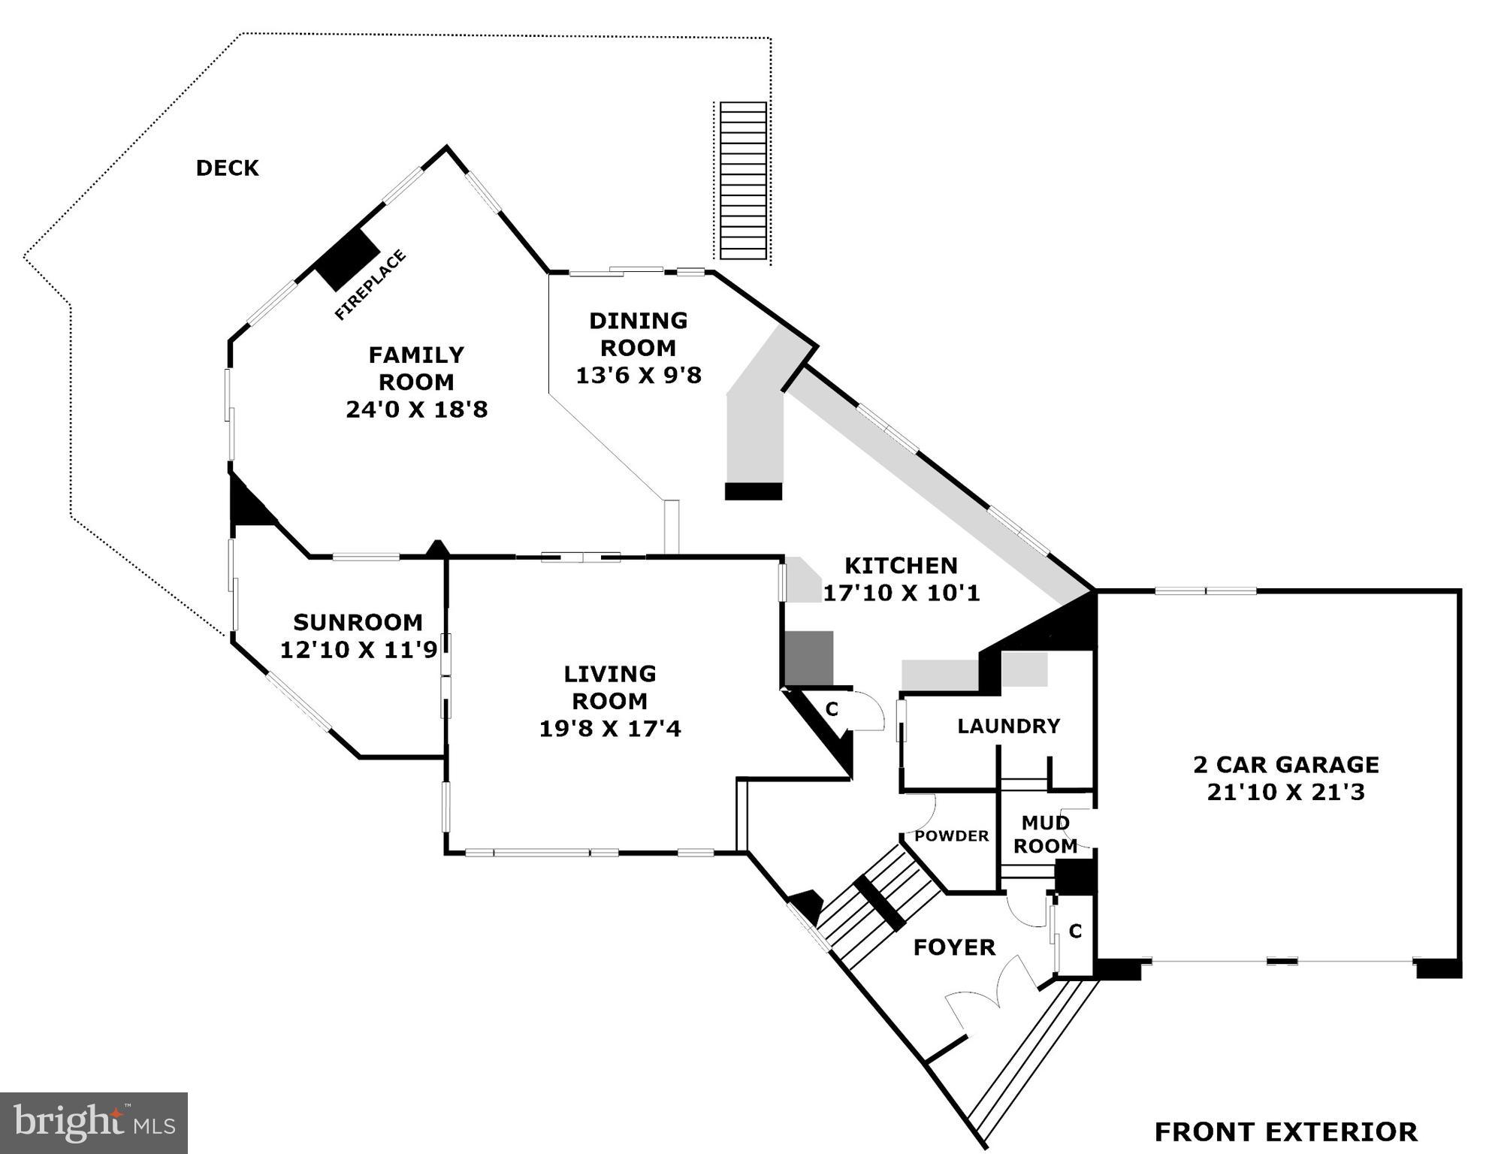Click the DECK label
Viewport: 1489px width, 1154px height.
click(x=227, y=168)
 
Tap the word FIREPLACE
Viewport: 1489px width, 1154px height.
click(x=370, y=285)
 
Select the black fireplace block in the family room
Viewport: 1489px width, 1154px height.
click(x=347, y=258)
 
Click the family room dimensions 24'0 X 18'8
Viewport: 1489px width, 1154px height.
click(x=416, y=409)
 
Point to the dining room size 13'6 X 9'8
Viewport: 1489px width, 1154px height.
click(x=639, y=375)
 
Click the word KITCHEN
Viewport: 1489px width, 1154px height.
click(x=901, y=565)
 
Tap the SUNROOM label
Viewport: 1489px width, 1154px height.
click(x=358, y=622)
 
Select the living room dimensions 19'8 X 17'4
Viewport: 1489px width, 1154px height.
click(x=610, y=728)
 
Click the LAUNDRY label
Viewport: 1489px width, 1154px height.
click(x=1008, y=726)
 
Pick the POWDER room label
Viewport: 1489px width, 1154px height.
click(x=951, y=836)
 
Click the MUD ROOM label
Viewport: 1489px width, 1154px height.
click(x=1045, y=834)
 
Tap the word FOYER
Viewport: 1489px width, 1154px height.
click(x=954, y=947)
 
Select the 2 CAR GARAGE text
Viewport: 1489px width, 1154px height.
click(x=1286, y=765)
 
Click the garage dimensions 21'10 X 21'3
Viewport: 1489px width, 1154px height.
click(x=1285, y=792)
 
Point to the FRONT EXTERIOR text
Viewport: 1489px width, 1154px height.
click(x=1285, y=1131)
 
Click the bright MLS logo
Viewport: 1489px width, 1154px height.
click(x=94, y=1123)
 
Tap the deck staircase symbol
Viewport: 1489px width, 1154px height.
click(x=743, y=180)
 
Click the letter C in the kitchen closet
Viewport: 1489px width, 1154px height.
click(x=832, y=709)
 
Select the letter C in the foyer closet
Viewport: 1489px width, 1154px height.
click(x=1075, y=932)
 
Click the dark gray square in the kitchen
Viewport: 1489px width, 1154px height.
click(x=809, y=658)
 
